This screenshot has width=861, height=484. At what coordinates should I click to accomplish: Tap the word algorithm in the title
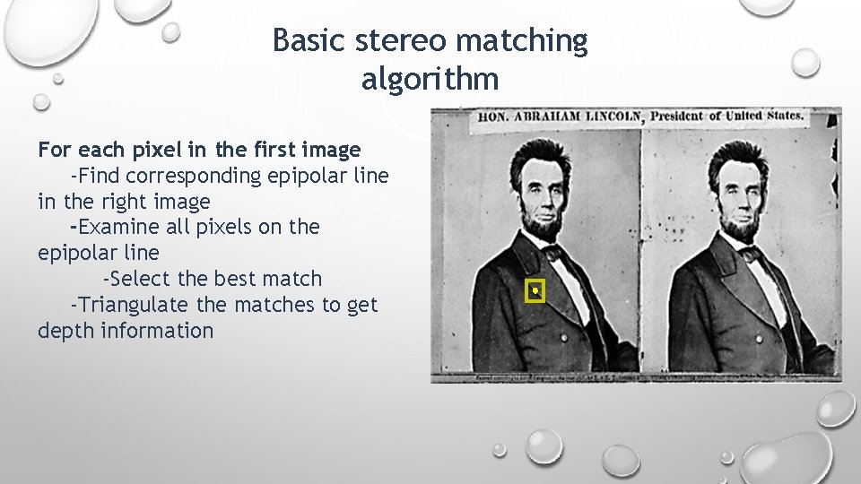[x=430, y=79]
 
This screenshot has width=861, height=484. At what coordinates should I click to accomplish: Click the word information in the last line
[x=158, y=331]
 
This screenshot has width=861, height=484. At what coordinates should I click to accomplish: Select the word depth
[x=65, y=331]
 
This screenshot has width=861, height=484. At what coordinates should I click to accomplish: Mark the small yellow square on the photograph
[x=535, y=290]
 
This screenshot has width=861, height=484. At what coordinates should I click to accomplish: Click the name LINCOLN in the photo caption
[x=614, y=117]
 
